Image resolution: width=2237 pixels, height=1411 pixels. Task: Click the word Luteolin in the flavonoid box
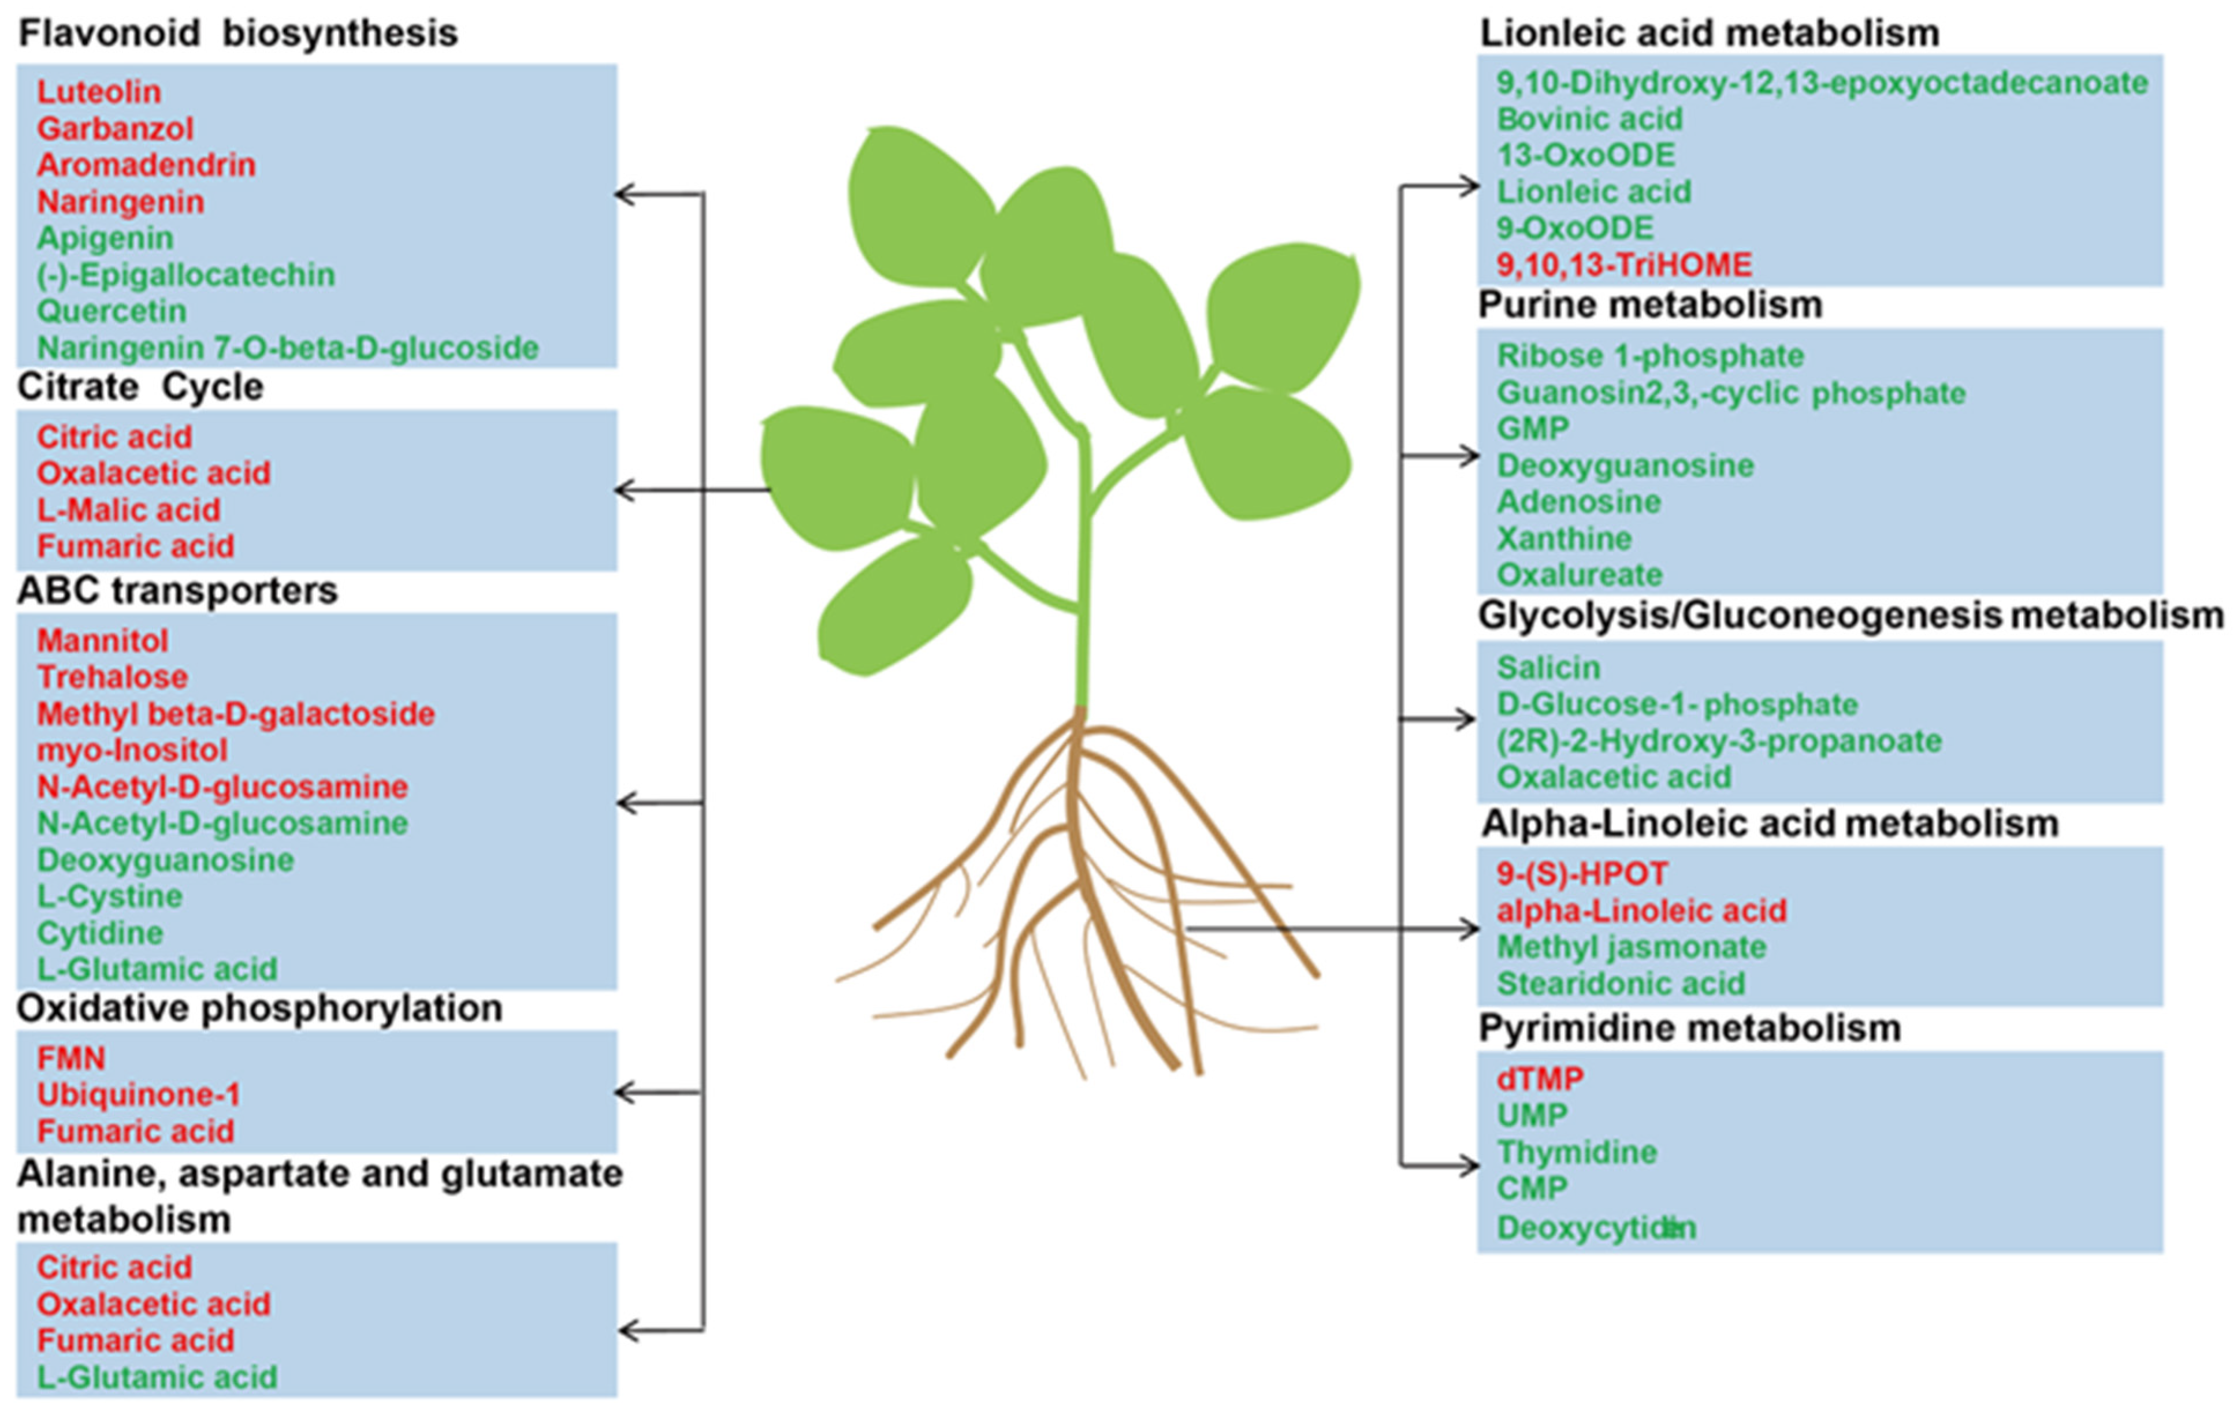pyautogui.click(x=99, y=91)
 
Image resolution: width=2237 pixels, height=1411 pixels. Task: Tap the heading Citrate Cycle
pyautogui.click(x=140, y=386)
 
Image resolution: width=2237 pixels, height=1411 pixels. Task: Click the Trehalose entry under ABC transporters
pyautogui.click(x=113, y=676)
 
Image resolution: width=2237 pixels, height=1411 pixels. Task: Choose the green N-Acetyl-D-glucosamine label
pyautogui.click(x=222, y=823)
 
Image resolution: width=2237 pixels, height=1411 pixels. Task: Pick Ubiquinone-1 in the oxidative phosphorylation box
pyautogui.click(x=139, y=1094)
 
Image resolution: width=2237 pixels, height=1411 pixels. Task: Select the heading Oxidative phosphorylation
pyautogui.click(x=260, y=1008)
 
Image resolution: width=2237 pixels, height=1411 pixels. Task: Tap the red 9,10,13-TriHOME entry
pyautogui.click(x=1624, y=265)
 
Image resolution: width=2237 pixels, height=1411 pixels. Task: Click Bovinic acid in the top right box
pyautogui.click(x=1589, y=119)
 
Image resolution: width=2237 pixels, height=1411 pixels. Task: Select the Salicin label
pyautogui.click(x=1548, y=667)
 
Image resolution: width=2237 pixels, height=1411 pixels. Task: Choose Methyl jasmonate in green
pyautogui.click(x=1632, y=947)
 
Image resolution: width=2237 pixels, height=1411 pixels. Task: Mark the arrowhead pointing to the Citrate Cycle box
pyautogui.click(x=625, y=490)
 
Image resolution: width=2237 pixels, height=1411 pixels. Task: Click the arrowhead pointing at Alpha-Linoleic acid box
pyautogui.click(x=1470, y=928)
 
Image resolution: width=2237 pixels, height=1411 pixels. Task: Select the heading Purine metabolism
pyautogui.click(x=1650, y=305)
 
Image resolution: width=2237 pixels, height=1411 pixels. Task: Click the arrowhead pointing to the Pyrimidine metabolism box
pyautogui.click(x=1470, y=1166)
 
